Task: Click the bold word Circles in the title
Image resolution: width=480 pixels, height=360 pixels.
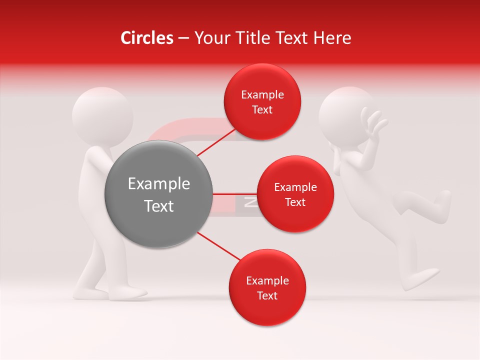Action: click(x=146, y=38)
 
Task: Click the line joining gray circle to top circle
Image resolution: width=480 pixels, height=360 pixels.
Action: click(x=216, y=142)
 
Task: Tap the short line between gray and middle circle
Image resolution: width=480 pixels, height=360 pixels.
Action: click(x=235, y=193)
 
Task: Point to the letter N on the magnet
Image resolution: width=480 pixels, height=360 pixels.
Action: click(x=250, y=202)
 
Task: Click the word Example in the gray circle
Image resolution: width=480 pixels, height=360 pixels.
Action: click(x=159, y=184)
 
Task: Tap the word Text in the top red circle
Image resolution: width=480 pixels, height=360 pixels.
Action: click(x=262, y=110)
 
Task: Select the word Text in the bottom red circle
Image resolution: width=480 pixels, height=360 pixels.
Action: click(x=267, y=296)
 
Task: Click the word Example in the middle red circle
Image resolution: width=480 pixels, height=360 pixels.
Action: click(x=295, y=187)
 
